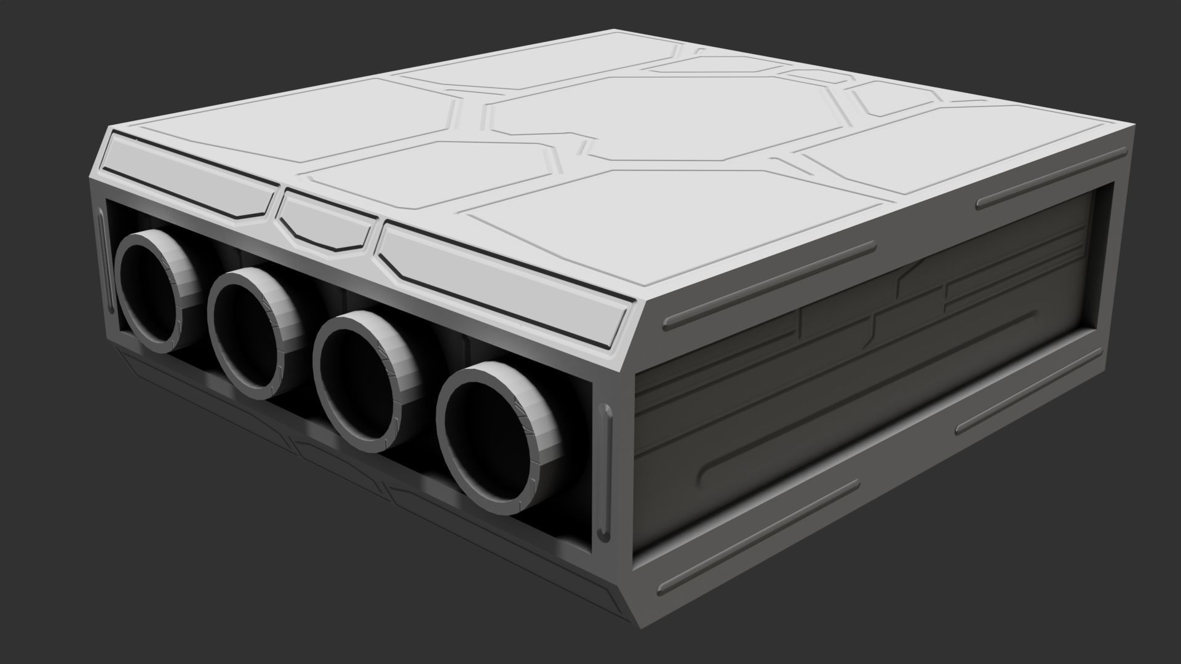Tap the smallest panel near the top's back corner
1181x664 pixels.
coord(892,98)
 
